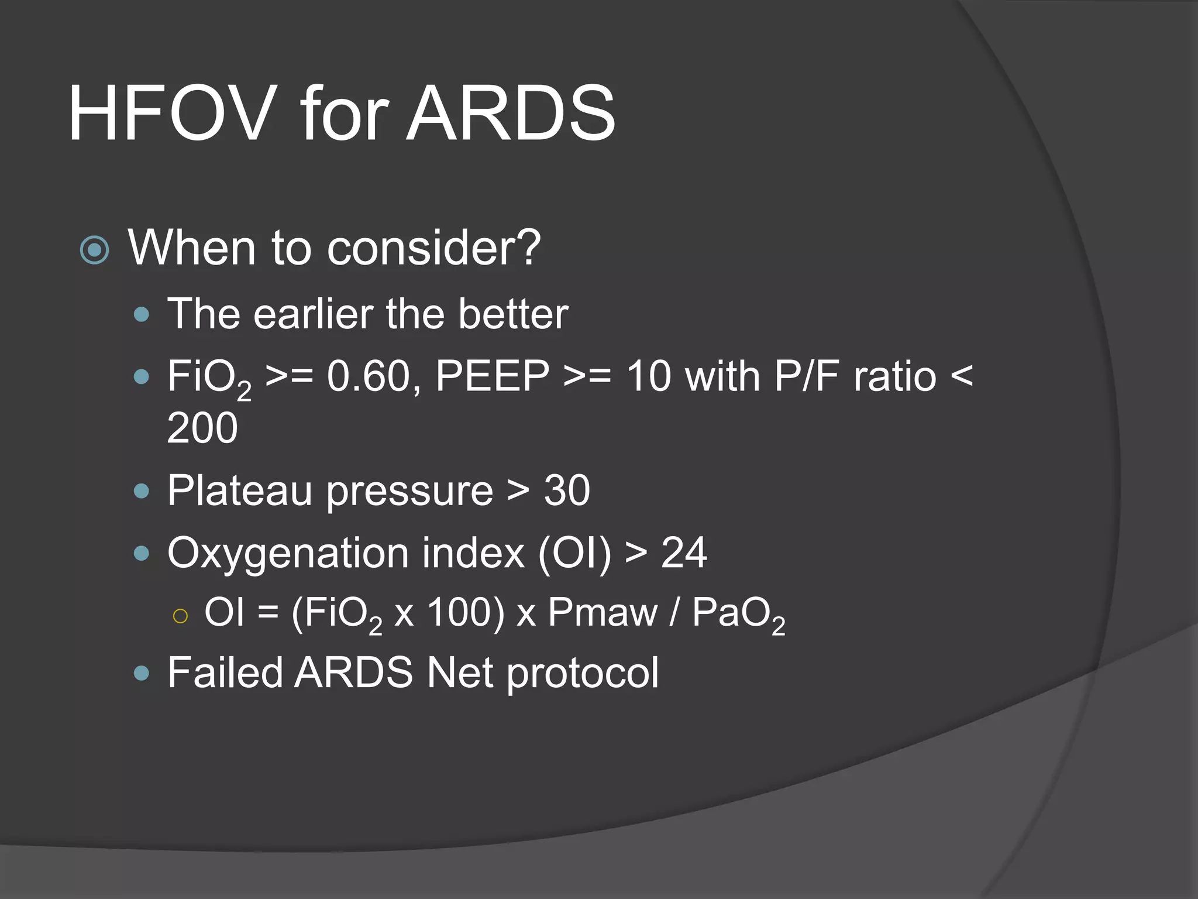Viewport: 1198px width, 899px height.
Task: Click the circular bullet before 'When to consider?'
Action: [x=94, y=251]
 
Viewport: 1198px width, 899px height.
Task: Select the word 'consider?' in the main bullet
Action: [x=433, y=248]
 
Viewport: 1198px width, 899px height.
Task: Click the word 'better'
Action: [x=512, y=314]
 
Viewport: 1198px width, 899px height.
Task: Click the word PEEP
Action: [x=492, y=376]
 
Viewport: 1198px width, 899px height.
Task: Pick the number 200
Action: [x=202, y=428]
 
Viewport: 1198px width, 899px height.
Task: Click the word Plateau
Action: [x=239, y=490]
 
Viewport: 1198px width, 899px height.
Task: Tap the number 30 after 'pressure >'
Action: [x=566, y=490]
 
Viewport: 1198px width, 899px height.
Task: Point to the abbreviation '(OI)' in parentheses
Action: [x=574, y=553]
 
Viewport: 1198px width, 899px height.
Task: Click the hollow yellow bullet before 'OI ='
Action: [x=180, y=616]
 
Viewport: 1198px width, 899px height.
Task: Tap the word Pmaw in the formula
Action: [x=603, y=613]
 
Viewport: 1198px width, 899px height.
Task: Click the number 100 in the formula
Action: [x=466, y=613]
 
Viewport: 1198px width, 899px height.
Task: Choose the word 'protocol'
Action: [x=583, y=673]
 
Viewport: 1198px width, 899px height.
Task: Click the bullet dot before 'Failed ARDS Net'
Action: [x=142, y=673]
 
